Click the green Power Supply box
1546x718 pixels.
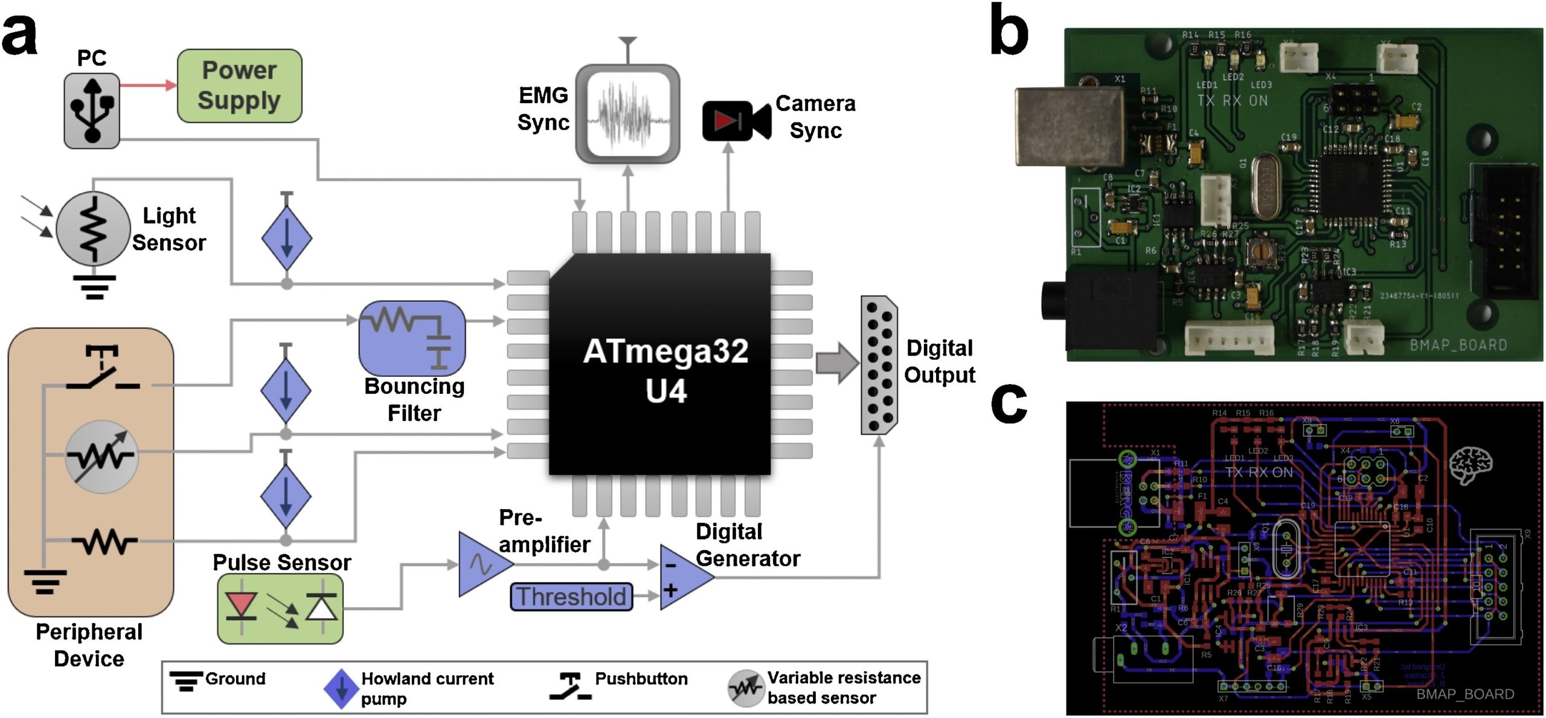(239, 86)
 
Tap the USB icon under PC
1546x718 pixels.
(92, 111)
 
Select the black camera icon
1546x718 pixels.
(736, 121)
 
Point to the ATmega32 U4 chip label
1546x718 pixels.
(666, 370)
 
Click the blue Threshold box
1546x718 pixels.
(571, 597)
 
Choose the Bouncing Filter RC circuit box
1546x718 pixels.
(412, 338)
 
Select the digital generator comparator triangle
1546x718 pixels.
(686, 577)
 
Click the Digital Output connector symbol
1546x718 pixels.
(879, 365)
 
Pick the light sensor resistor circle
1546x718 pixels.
(93, 228)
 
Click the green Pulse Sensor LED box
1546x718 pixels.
(280, 609)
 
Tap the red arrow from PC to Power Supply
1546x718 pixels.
(148, 85)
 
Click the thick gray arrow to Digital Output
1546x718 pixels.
(837, 363)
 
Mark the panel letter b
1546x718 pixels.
(1009, 30)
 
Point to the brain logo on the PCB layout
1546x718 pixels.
(1470, 465)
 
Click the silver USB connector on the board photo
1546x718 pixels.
(1069, 127)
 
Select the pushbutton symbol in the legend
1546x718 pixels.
(569, 687)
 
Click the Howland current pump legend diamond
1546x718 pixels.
(341, 688)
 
